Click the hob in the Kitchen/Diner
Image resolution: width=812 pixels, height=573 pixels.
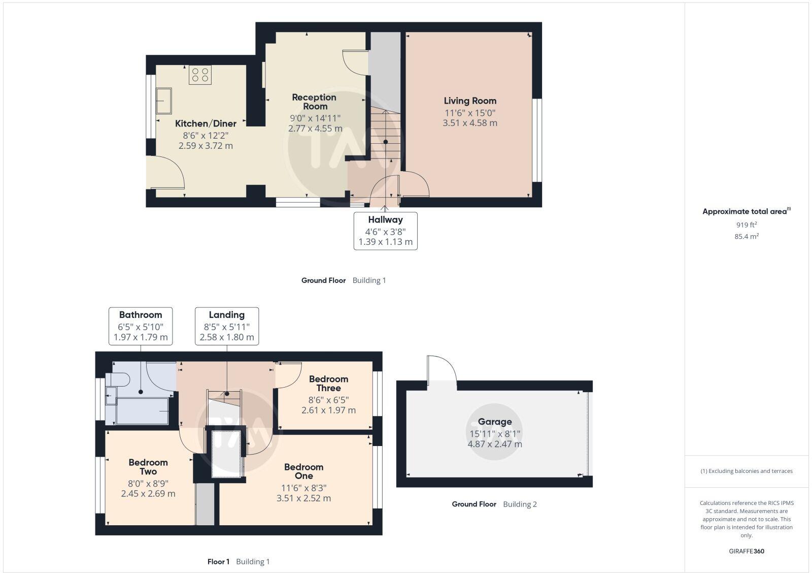[200, 75]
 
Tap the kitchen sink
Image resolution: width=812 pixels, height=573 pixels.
[163, 100]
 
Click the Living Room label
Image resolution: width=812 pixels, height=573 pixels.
[470, 101]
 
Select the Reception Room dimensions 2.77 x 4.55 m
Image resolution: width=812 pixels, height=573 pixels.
[315, 129]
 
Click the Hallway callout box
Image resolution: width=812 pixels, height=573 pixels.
[385, 231]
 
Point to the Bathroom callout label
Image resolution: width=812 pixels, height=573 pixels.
[141, 315]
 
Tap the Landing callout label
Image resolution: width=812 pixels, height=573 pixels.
[227, 315]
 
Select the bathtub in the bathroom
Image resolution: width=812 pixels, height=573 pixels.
[142, 410]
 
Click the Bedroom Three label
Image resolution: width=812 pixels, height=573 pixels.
[328, 384]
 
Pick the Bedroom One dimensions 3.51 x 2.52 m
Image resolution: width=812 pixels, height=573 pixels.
[303, 498]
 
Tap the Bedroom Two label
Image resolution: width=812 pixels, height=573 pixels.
[148, 467]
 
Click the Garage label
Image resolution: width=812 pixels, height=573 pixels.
[494, 422]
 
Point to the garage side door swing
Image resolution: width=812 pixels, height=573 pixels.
[441, 369]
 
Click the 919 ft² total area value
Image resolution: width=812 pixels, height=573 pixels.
[747, 225]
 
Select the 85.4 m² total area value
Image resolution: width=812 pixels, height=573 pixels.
[747, 236]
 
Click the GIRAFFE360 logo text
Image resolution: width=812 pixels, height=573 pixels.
[747, 551]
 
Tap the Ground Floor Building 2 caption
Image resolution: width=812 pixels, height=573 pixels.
[494, 504]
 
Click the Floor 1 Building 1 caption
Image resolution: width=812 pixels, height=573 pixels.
[239, 561]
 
